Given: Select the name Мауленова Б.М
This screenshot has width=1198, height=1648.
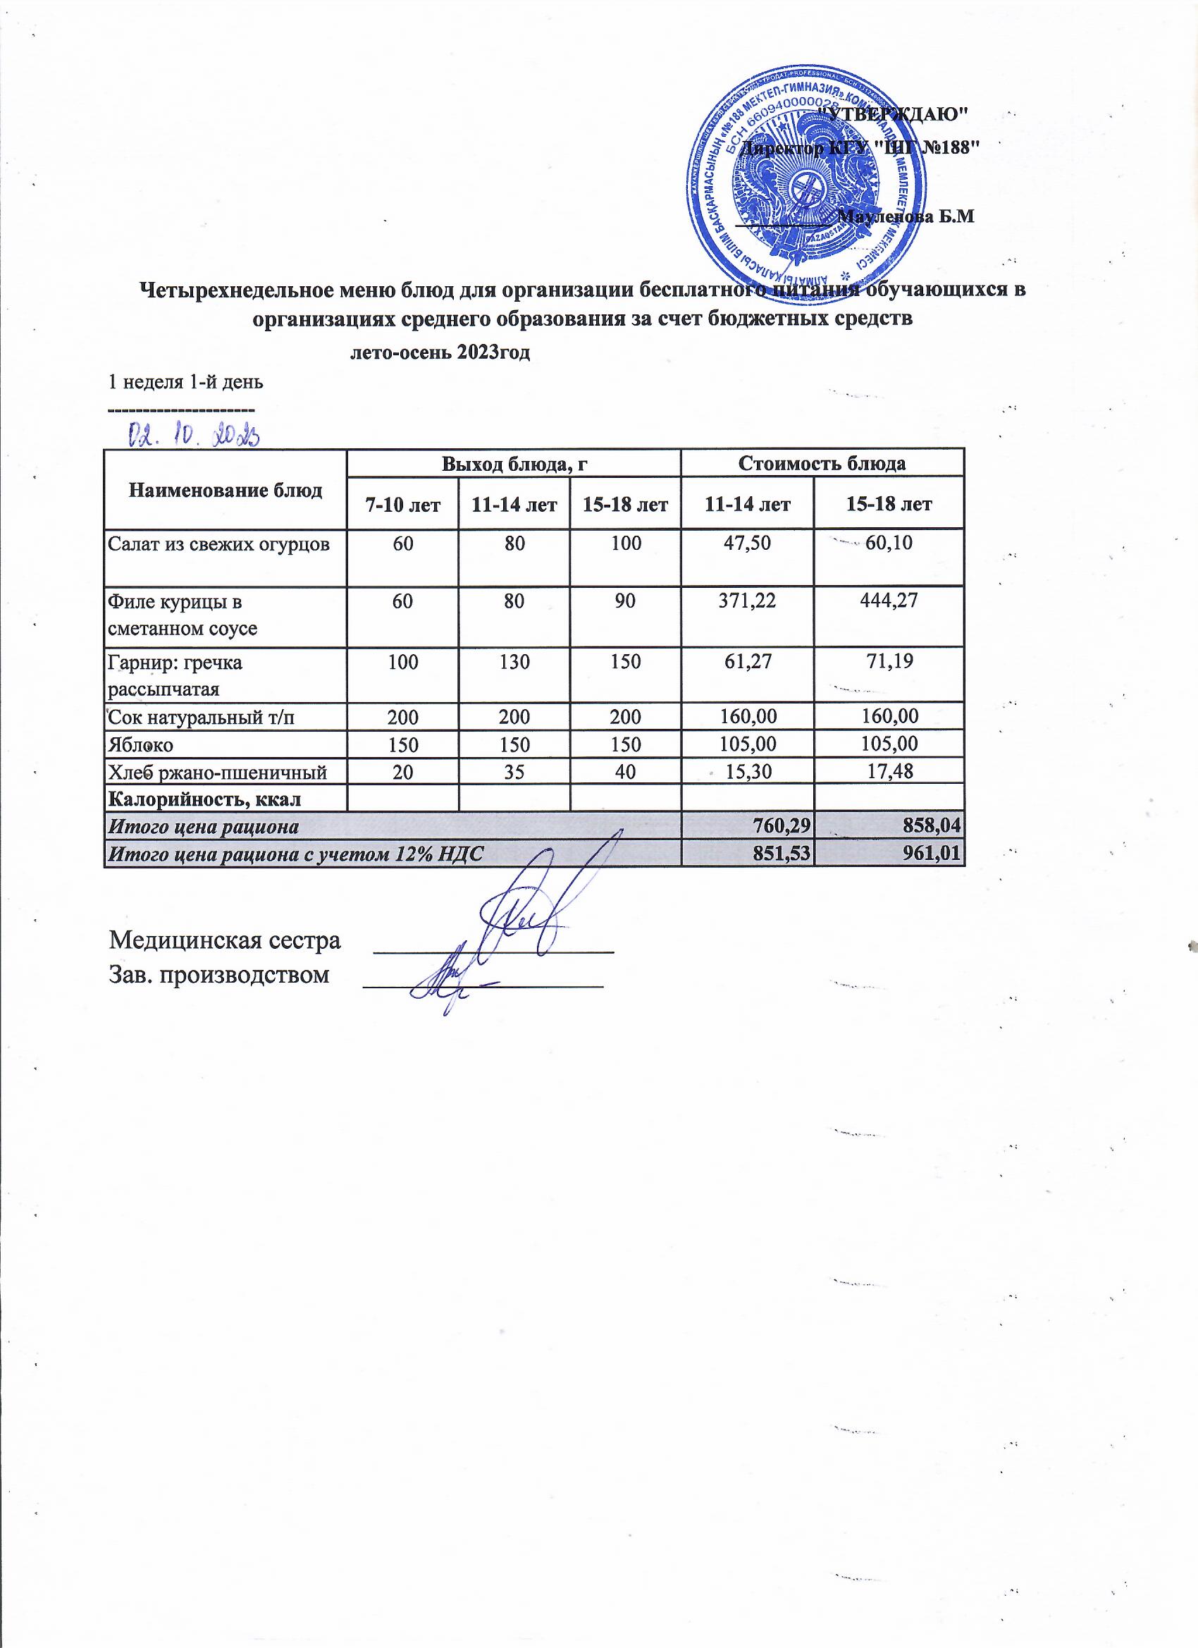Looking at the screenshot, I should click(906, 216).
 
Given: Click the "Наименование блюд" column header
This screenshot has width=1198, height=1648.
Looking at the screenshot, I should click(226, 491).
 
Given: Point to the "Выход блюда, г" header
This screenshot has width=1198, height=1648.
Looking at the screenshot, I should click(514, 464).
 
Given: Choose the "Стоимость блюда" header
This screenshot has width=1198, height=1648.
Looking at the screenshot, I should click(822, 464).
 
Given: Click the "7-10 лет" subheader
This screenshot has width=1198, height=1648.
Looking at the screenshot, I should click(403, 504).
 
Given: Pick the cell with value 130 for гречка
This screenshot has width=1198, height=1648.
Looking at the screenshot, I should click(514, 662).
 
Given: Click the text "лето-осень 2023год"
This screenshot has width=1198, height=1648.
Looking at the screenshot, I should click(440, 354).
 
